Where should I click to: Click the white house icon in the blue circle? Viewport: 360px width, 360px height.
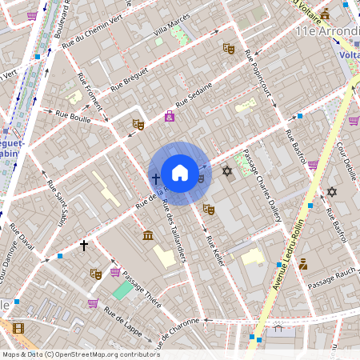(180, 173)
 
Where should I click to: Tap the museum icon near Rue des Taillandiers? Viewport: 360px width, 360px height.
(148, 234)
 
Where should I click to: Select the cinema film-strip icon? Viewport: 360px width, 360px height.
(18, 328)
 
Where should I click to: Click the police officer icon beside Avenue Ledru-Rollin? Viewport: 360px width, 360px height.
(303, 263)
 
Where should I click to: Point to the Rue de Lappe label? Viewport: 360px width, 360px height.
(122, 323)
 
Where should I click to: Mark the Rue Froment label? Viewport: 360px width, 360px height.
(89, 96)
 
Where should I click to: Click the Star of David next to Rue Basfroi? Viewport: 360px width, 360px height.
(332, 191)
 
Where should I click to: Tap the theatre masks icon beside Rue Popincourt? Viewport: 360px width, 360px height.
(229, 48)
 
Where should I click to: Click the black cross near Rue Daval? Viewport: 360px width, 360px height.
(83, 246)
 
